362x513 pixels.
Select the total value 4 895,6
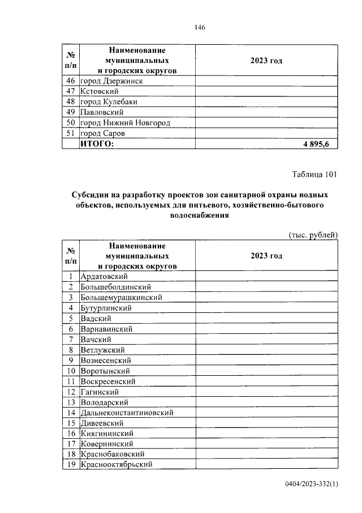(x=320, y=144)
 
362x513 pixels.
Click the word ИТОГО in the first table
(x=97, y=144)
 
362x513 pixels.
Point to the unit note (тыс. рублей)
(x=313, y=234)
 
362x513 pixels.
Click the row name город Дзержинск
(x=111, y=80)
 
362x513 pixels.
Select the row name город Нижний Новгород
(x=125, y=122)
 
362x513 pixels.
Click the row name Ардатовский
(x=105, y=277)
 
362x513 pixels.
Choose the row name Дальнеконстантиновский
(x=127, y=413)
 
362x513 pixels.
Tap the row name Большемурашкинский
(x=122, y=298)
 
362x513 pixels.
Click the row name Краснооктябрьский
(x=117, y=465)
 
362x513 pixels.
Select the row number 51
(x=71, y=133)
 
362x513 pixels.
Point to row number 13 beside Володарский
(x=71, y=402)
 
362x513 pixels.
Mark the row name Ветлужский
(x=102, y=350)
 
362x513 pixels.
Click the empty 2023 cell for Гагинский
(x=266, y=392)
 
